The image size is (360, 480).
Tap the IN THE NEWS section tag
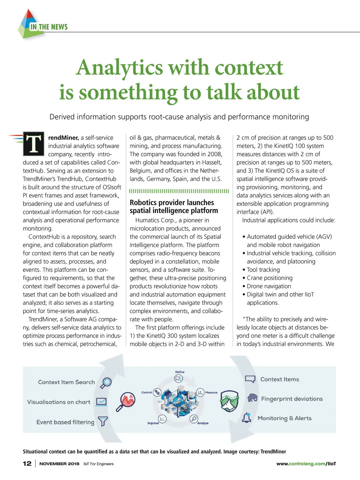(49, 27)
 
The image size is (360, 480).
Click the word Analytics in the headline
(119, 67)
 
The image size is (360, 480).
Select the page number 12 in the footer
(27, 463)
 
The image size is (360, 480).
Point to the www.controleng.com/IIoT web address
(306, 464)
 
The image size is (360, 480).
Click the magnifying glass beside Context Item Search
(106, 382)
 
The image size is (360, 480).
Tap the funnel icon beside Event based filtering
(103, 421)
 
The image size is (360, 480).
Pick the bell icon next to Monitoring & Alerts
(247, 418)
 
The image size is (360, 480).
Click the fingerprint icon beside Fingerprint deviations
(252, 398)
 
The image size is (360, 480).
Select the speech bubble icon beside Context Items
(250, 379)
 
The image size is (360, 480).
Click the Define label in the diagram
(180, 372)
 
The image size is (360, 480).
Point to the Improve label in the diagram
(153, 423)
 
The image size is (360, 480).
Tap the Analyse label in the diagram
(203, 423)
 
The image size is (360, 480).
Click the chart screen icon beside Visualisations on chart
(101, 401)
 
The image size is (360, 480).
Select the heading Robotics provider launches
(172, 202)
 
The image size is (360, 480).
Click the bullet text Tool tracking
(263, 270)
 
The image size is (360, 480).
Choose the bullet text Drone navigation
(269, 286)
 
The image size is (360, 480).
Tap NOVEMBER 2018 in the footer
(59, 464)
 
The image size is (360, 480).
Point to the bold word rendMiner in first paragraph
(64, 138)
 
